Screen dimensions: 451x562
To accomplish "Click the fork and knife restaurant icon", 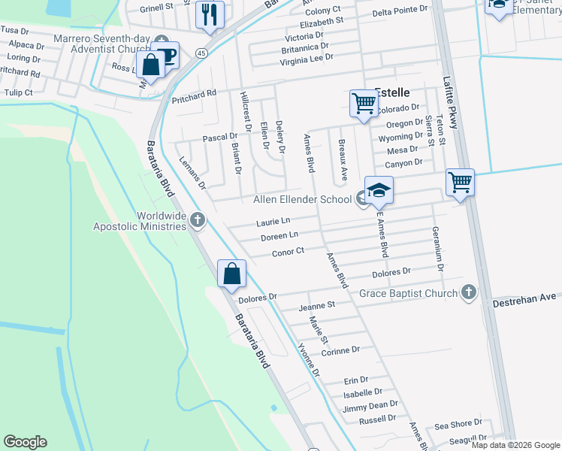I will pyautogui.click(x=210, y=14).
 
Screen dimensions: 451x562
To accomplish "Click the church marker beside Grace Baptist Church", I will pyautogui.click(x=469, y=292).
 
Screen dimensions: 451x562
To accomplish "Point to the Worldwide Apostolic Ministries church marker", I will pyautogui.click(x=198, y=219).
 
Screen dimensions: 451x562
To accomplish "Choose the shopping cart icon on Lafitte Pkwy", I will pyautogui.click(x=459, y=181).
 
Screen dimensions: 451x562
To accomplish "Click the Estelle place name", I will pyautogui.click(x=392, y=92).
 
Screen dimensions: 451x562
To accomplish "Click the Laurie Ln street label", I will pyautogui.click(x=273, y=222).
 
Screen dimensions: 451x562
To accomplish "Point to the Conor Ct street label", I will pyautogui.click(x=288, y=252).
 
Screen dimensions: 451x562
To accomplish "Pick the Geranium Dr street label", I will pyautogui.click(x=437, y=247).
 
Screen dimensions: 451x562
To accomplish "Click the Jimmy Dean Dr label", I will pyautogui.click(x=370, y=404).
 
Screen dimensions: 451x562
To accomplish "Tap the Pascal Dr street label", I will pyautogui.click(x=220, y=138).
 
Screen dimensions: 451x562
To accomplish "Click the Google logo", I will pyautogui.click(x=26, y=442).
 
